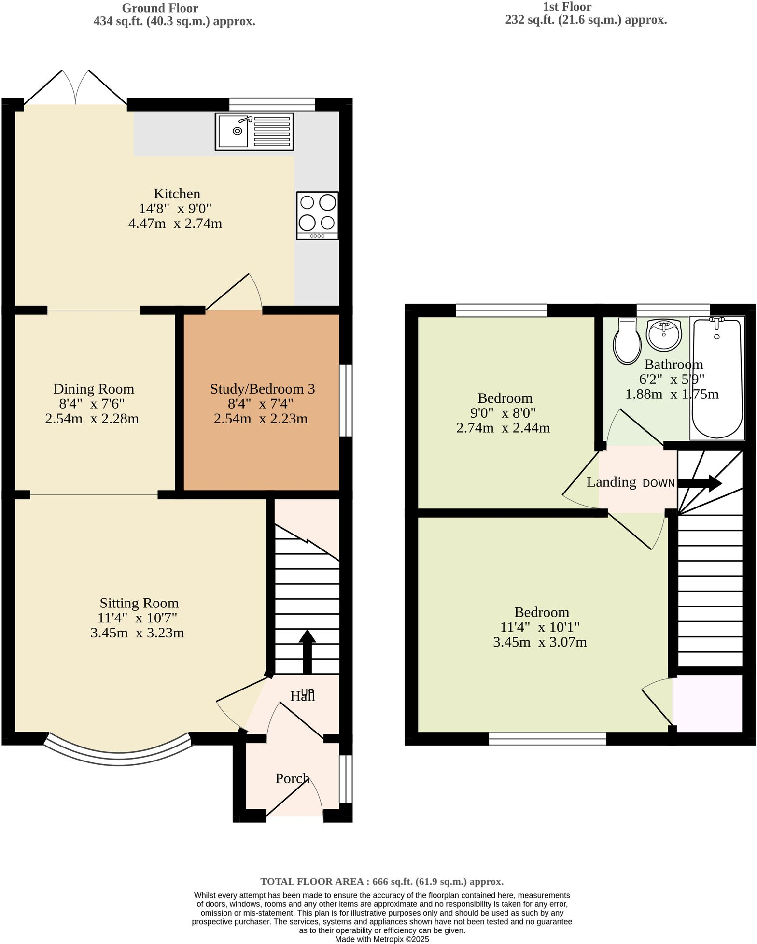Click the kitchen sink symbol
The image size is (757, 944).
[x=254, y=132]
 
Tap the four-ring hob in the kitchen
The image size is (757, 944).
[x=317, y=215]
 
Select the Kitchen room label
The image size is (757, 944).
[x=177, y=194]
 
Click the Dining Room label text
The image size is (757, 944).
[x=94, y=389]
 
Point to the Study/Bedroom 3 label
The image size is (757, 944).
[x=262, y=389]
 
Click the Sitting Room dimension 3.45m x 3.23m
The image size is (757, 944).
[x=137, y=633]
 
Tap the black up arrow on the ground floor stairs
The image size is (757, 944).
[x=307, y=651]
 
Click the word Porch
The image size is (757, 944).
[x=292, y=778]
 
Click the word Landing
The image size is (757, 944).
[x=611, y=482]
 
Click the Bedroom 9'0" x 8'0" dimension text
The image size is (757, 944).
[x=503, y=413]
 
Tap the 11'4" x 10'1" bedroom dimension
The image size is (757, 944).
[x=540, y=627]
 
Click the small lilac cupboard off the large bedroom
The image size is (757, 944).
[x=707, y=703]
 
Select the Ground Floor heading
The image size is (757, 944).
[x=160, y=8]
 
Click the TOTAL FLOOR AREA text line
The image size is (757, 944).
[x=382, y=881]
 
